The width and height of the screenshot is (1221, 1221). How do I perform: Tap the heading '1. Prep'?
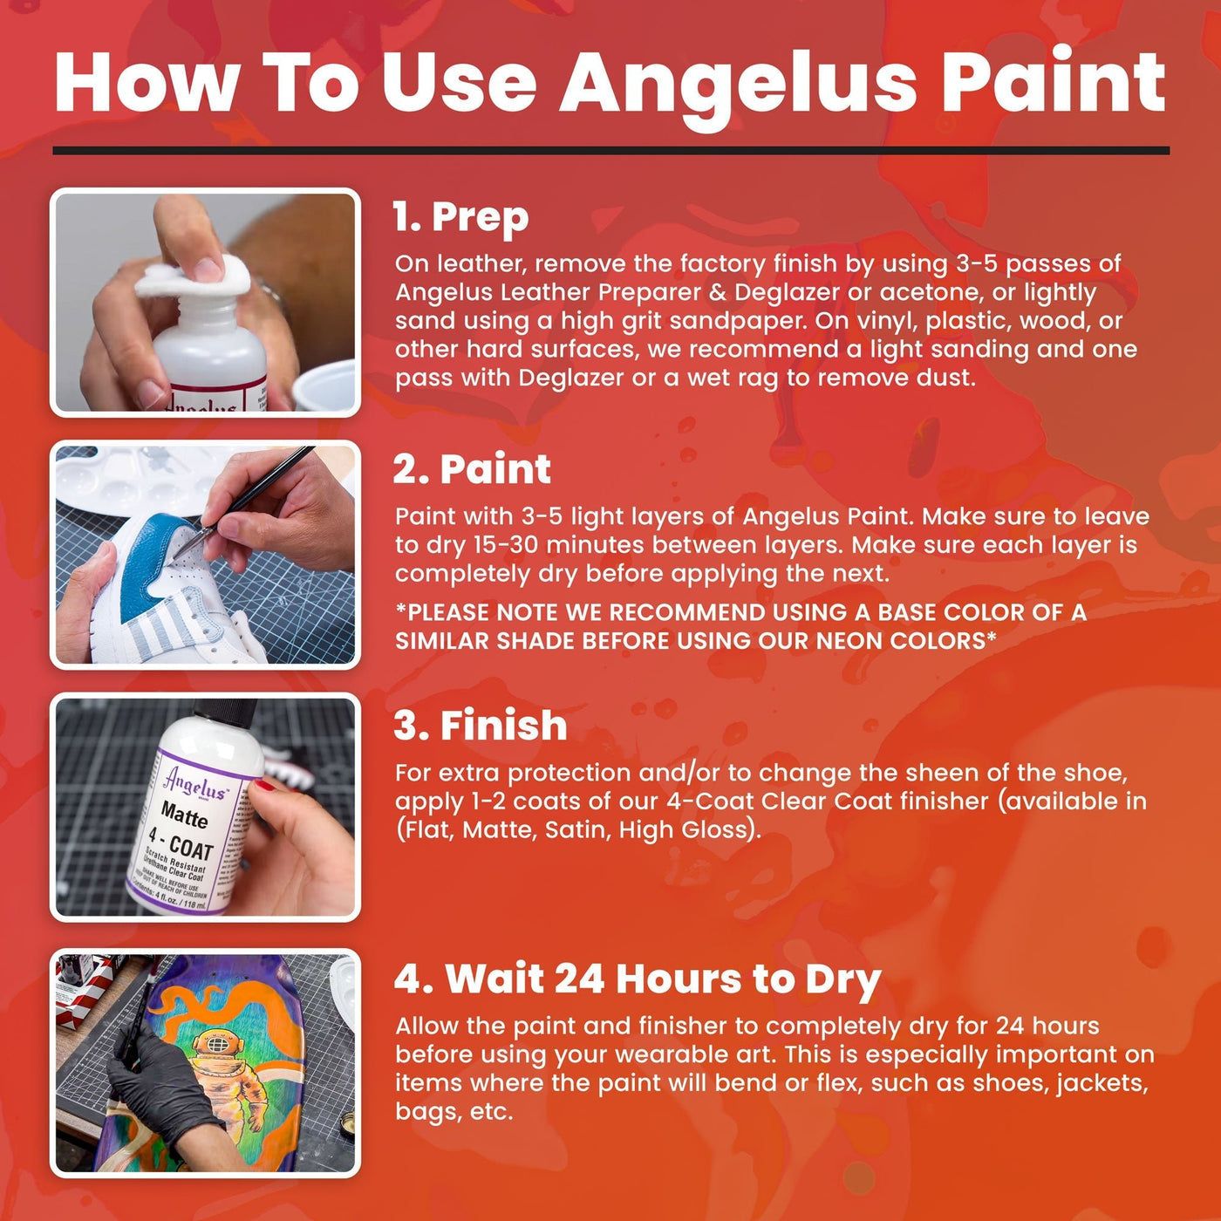pos(460,217)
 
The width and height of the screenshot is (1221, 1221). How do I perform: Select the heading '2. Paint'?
pos(472,469)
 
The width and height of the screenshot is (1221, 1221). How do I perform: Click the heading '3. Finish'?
pos(481,726)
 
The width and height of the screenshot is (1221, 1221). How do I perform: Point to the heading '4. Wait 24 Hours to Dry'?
pos(637,979)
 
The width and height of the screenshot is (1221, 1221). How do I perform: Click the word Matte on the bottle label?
pos(184,816)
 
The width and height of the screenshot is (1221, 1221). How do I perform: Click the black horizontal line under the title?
pos(610,151)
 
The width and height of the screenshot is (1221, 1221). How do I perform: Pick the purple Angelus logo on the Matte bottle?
pos(195,782)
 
